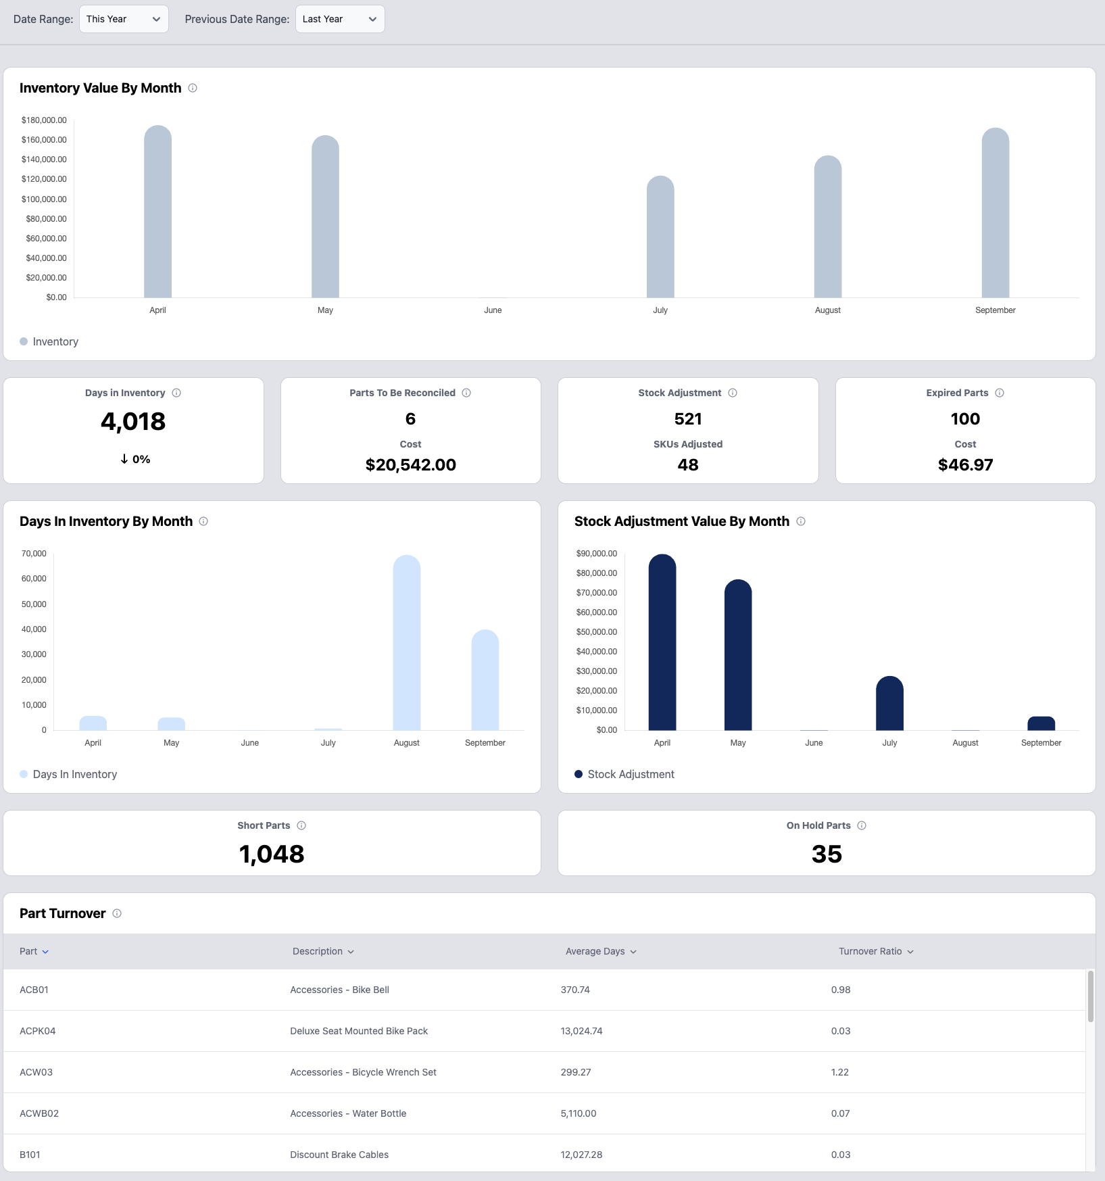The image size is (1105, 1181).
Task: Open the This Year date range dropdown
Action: [124, 19]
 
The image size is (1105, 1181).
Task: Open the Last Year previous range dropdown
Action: [339, 19]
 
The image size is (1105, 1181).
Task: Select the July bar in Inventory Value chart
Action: [660, 237]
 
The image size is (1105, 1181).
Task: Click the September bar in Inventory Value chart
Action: [995, 213]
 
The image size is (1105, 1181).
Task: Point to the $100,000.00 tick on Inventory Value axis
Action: [44, 199]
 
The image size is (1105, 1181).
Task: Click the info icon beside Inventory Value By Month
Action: [193, 88]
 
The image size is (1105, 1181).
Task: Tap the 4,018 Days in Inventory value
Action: [133, 422]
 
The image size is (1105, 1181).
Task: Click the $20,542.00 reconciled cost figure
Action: [410, 465]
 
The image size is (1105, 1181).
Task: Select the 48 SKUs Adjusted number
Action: [687, 465]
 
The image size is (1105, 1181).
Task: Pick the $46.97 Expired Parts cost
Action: [965, 465]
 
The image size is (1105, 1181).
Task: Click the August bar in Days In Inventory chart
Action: [406, 642]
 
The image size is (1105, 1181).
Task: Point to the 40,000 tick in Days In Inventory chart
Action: [34, 629]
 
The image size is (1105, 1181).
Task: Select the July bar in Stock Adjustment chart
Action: [889, 703]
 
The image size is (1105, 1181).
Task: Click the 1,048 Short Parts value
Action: [272, 854]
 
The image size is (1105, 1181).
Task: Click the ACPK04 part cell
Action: [38, 1031]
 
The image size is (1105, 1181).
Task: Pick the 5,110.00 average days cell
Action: [579, 1113]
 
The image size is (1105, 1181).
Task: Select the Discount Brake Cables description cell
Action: [339, 1155]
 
